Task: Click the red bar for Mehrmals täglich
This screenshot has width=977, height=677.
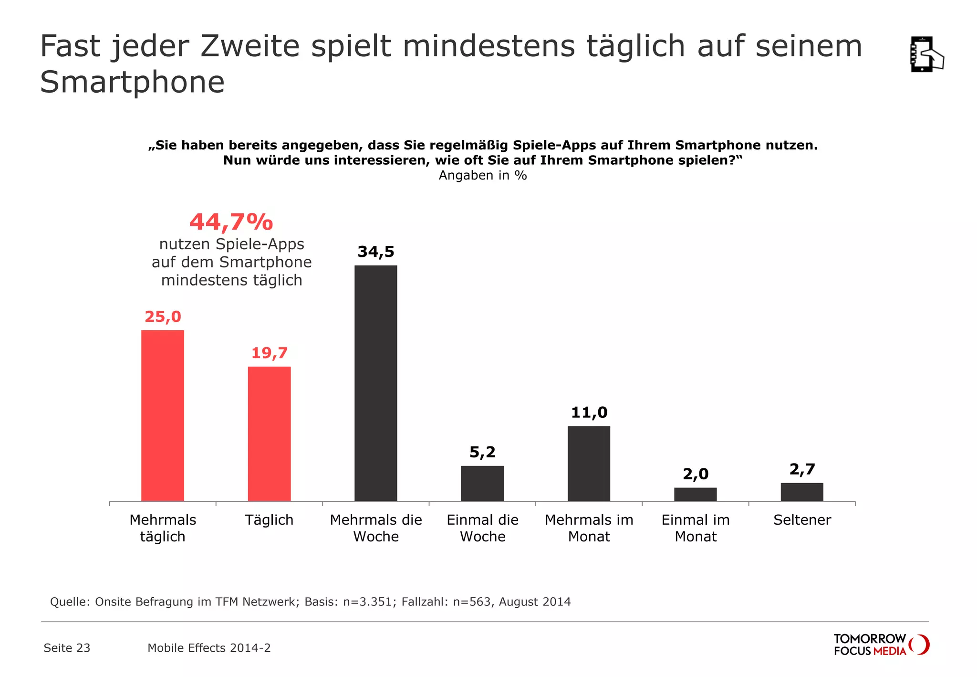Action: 163,415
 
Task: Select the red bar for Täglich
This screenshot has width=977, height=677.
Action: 269,434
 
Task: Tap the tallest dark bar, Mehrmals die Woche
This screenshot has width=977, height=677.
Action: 376,383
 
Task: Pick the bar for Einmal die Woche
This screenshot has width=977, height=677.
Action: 482,483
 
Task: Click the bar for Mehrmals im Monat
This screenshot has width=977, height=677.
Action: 589,463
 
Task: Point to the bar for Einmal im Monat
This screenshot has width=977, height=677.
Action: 696,494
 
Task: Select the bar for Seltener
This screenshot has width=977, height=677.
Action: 802,492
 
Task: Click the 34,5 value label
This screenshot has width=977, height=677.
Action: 376,252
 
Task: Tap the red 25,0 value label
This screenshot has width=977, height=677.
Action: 163,317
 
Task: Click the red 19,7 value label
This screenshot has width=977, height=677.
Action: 270,353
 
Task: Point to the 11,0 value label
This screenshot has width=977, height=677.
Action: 589,412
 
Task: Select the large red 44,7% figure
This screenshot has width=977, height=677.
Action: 231,222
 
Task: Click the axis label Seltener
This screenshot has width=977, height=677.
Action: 802,520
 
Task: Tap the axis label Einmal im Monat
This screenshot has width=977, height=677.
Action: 696,528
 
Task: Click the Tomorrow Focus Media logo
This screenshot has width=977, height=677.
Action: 881,645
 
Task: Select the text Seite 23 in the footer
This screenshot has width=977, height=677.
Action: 67,648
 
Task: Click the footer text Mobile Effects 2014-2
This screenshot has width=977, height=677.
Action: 209,648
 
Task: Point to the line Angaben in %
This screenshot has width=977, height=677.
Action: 483,175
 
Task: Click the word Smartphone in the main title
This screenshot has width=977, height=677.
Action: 132,82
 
